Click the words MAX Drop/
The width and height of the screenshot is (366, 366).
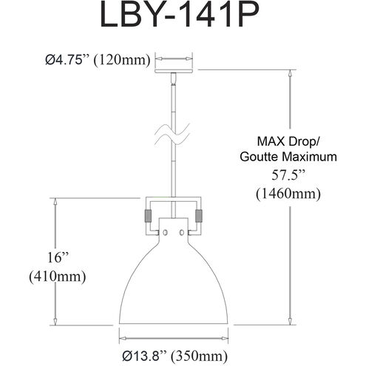click(288, 140)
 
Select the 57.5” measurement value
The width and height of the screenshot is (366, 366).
click(288, 176)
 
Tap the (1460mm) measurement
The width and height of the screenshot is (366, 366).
click(288, 194)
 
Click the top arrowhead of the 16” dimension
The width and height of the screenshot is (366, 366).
click(55, 200)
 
